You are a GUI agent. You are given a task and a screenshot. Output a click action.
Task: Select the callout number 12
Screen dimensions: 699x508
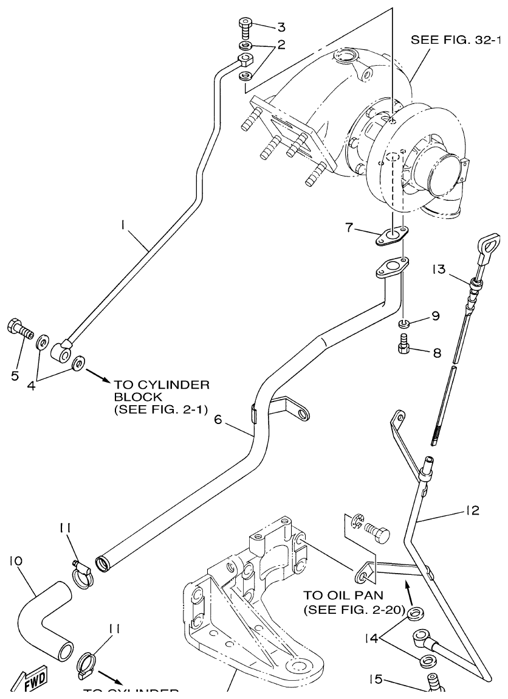[x=473, y=510]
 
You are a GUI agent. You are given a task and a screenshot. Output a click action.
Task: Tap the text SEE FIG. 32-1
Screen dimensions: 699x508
[x=456, y=41]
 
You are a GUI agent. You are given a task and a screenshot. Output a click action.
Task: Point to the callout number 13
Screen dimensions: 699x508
[x=439, y=268]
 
